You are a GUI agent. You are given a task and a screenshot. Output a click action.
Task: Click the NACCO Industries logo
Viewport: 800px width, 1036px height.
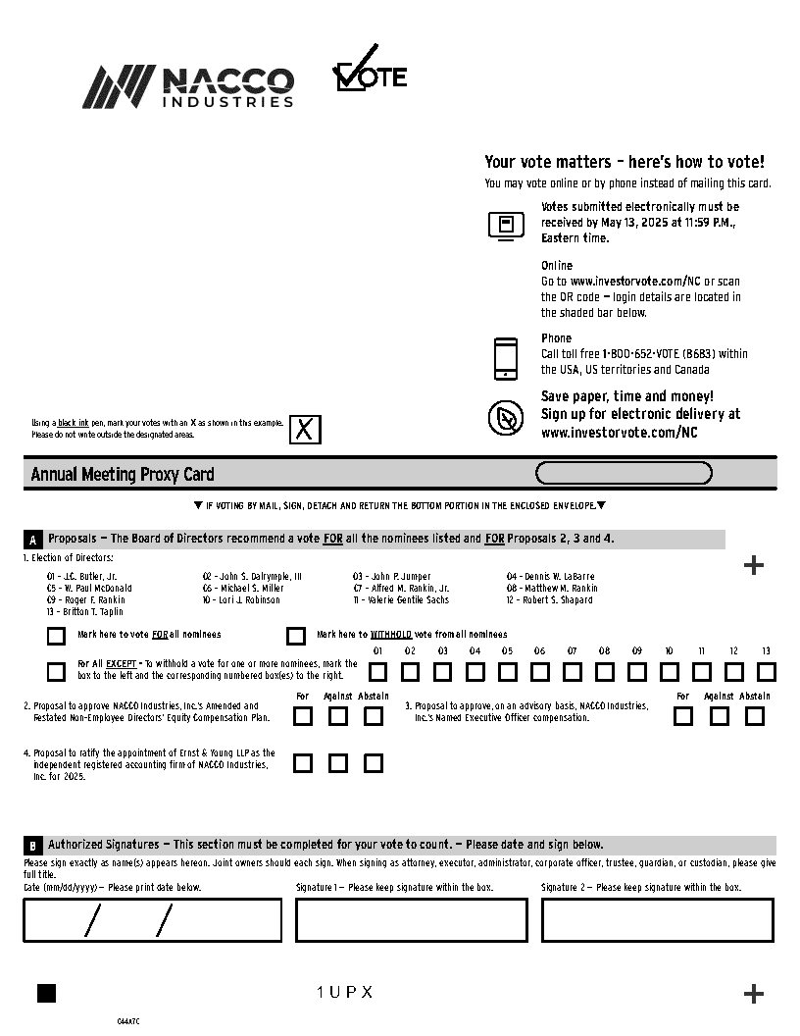point(187,86)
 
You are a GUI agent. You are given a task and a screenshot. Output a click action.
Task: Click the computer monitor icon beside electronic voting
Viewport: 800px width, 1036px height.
point(506,225)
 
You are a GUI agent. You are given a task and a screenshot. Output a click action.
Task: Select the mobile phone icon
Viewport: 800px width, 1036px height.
point(506,358)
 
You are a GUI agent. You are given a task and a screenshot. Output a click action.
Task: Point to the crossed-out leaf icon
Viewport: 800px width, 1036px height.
point(506,419)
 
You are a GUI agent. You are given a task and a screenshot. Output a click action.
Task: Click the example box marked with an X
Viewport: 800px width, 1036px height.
point(305,430)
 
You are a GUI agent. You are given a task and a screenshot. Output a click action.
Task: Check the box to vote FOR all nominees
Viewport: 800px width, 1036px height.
point(57,636)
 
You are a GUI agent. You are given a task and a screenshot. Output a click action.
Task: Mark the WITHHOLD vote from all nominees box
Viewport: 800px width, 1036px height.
point(296,636)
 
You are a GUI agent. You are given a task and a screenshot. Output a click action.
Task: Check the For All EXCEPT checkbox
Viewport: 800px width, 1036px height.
point(57,672)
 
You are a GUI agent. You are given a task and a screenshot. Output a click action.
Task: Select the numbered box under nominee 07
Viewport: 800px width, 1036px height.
point(572,672)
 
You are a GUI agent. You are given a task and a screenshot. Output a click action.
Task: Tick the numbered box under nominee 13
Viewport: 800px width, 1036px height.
point(766,672)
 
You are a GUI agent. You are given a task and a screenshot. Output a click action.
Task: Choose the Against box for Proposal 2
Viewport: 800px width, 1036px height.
point(338,716)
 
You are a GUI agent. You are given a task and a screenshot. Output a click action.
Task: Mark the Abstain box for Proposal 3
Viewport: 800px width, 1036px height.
point(754,716)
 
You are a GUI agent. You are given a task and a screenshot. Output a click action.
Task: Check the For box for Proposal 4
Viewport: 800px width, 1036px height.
point(303,763)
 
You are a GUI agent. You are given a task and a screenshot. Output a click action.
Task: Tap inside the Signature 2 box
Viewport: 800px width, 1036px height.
point(657,920)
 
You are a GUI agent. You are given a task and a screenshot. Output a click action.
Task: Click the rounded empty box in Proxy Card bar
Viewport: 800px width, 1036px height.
point(624,474)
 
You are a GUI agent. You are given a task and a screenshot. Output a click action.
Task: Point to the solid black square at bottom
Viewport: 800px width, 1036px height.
point(46,993)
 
